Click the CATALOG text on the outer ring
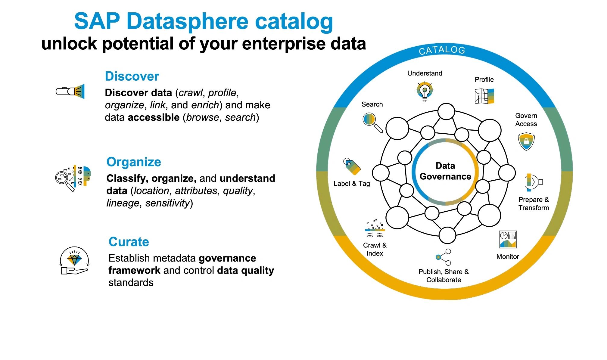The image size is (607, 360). [x=442, y=50]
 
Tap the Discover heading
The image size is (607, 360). [x=132, y=76]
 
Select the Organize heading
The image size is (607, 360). [x=134, y=162]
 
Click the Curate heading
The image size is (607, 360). [x=129, y=242]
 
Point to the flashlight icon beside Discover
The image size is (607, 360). [x=70, y=91]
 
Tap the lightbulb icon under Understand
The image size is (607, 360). [x=425, y=91]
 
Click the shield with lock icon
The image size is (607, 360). [x=526, y=141]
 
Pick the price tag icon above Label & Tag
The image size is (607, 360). [x=352, y=166]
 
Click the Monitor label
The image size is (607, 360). [x=508, y=257]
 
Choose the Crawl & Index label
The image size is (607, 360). [x=375, y=249]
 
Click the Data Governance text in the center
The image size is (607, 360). [x=445, y=171]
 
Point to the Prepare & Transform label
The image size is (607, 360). [x=534, y=204]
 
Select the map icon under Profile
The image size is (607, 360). [x=484, y=96]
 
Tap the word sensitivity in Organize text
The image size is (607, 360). [x=167, y=203]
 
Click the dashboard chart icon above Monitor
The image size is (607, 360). [x=508, y=239]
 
